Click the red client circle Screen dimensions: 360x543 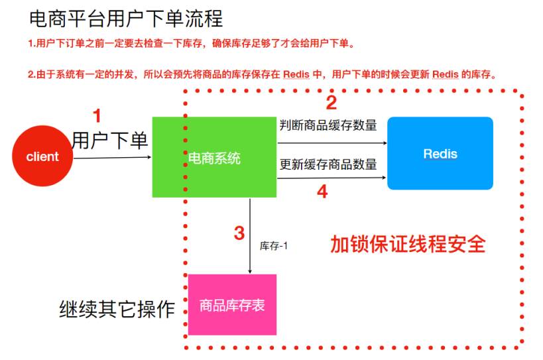click(42, 157)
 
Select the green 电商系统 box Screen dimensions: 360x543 click(214, 157)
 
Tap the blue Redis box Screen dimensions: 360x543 click(440, 154)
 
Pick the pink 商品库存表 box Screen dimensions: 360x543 click(232, 305)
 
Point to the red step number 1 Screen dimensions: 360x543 click(97, 117)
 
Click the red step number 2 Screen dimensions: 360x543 click(331, 103)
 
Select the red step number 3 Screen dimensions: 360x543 click(239, 233)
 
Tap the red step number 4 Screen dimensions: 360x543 click(322, 192)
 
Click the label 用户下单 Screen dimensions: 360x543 click(110, 140)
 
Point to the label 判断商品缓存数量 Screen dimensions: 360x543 click(329, 125)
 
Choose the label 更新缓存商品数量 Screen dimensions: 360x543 click(329, 163)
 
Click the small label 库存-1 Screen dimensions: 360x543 click(273, 245)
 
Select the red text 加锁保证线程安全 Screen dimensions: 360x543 click(408, 244)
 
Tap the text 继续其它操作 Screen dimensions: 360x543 click(117, 308)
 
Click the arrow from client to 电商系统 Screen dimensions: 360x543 click(112, 158)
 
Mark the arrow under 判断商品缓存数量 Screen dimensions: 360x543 click(332, 142)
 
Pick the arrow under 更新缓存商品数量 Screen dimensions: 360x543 click(332, 178)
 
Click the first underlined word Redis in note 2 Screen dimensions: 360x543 click(296, 74)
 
